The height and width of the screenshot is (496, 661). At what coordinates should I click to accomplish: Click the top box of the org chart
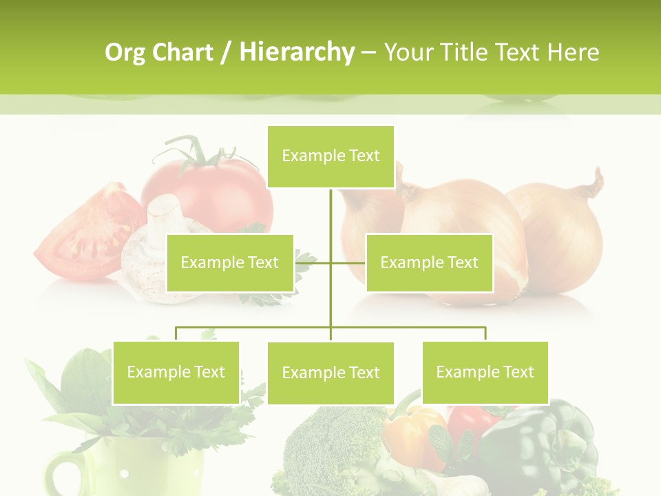pos(330,156)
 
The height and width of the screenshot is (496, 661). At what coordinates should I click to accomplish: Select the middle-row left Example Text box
pos(230,262)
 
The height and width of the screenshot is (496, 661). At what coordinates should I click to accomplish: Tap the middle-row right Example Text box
pos(429,262)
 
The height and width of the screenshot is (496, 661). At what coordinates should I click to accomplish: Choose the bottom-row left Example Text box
pos(176,372)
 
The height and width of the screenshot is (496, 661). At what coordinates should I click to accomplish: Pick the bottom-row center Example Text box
pos(330,373)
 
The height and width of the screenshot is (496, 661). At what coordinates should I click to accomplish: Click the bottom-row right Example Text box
pos(485,372)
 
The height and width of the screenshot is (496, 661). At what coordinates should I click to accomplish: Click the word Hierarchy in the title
pos(296,52)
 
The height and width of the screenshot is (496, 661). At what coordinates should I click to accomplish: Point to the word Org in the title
pos(125,52)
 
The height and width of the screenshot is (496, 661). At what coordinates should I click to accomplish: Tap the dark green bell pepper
pos(544,441)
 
